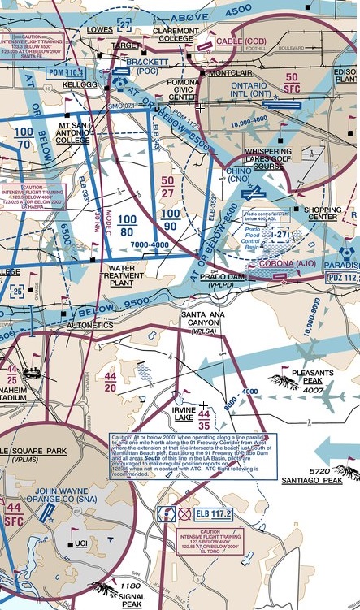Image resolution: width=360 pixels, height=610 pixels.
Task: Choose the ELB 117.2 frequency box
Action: coord(206,513)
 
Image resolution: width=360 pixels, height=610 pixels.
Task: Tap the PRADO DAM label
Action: coord(223,277)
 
